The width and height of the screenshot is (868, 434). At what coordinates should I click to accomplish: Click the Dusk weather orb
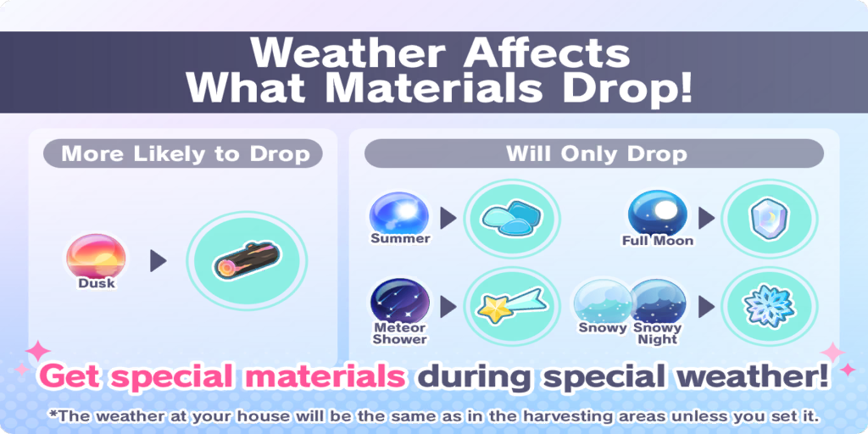96,257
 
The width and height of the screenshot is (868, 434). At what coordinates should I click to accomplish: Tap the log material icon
247,260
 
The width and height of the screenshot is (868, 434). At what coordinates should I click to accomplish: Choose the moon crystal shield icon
770,220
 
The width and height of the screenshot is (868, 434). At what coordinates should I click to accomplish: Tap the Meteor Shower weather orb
400,302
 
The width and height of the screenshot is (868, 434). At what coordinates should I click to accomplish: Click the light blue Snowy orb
603,303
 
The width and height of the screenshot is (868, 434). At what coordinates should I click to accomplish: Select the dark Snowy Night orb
659,303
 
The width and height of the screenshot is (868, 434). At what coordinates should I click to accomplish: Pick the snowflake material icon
770,306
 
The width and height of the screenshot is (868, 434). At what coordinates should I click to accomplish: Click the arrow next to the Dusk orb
158,261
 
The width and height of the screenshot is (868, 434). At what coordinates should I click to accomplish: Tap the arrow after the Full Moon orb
706,219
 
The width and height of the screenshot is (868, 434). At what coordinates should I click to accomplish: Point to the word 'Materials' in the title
432,88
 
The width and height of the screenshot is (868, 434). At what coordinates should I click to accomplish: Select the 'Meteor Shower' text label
399,334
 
